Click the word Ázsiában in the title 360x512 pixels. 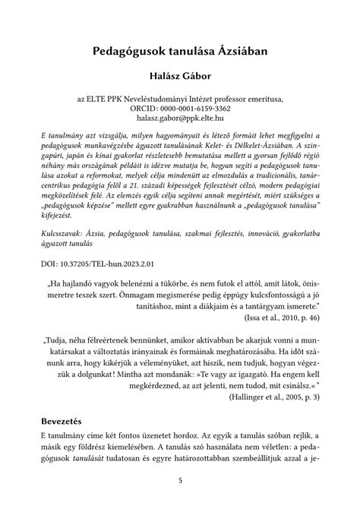[238, 52]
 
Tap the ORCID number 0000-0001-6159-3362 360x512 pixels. [199, 109]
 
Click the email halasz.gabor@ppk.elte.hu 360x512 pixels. [180, 119]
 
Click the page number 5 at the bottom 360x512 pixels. [180, 481]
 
